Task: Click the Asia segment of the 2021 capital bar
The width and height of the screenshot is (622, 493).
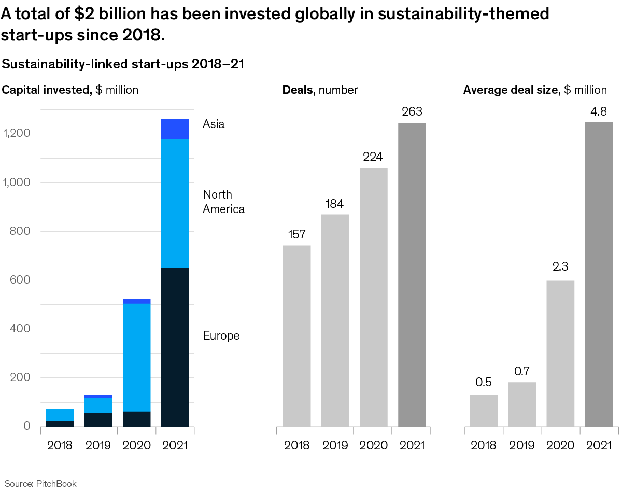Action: point(175,129)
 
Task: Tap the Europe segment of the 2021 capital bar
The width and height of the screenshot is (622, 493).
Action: point(175,347)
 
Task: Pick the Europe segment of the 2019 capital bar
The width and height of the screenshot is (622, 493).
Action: point(98,419)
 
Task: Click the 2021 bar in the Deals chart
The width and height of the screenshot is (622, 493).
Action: point(412,275)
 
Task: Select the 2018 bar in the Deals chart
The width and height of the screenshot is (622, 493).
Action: point(297,336)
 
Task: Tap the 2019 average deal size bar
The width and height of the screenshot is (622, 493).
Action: point(522,404)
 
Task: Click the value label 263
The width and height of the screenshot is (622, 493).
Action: point(412,111)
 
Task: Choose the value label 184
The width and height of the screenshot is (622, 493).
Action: point(334,203)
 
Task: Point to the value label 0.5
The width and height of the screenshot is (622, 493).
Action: point(484,383)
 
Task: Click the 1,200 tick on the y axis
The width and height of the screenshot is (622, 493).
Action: point(17,134)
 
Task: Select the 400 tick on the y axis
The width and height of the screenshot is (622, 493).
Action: point(20,329)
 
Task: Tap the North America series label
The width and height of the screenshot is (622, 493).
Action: point(223,202)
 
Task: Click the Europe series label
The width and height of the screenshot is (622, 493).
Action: point(221,335)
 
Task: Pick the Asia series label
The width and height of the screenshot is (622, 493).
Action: point(214,124)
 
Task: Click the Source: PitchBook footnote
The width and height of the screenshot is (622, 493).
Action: point(40,484)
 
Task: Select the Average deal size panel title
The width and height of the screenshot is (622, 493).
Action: point(535,90)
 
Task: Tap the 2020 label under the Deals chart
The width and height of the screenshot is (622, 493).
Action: point(373,445)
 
